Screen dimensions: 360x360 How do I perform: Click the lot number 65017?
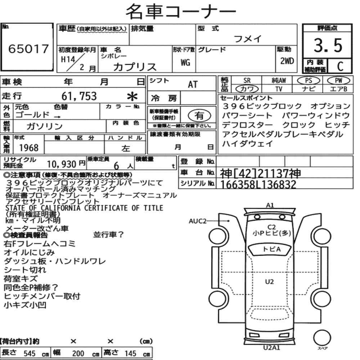pyautogui.click(x=28, y=49)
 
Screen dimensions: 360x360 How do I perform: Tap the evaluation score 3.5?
pyautogui.click(x=328, y=45)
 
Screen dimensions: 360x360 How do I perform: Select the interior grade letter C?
pyautogui.click(x=340, y=66)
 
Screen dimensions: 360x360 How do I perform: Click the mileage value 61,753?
pyautogui.click(x=79, y=96)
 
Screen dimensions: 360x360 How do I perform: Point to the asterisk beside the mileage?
pyautogui.click(x=132, y=96)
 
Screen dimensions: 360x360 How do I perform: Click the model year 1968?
pyautogui.click(x=29, y=148)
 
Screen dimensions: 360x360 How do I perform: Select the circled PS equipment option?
pyautogui.click(x=309, y=80)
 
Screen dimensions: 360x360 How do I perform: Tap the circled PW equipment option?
pyautogui.click(x=338, y=80)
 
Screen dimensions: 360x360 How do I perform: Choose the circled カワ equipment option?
pyautogui.click(x=247, y=89)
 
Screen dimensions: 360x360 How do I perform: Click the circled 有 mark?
pyautogui.click(x=199, y=115)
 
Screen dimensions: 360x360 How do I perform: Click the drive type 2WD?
pyautogui.click(x=287, y=61)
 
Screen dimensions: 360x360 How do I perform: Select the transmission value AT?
pyautogui.click(x=193, y=85)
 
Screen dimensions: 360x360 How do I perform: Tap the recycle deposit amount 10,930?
pyautogui.click(x=62, y=164)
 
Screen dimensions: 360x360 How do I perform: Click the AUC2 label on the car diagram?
pyautogui.click(x=197, y=221)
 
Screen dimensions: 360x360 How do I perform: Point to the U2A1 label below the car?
pyautogui.click(x=271, y=348)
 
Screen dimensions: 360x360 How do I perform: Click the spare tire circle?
pyautogui.click(x=322, y=338)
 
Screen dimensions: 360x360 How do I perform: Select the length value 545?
pyautogui.click(x=30, y=354)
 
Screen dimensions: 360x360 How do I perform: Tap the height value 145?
pyautogui.click(x=130, y=354)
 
